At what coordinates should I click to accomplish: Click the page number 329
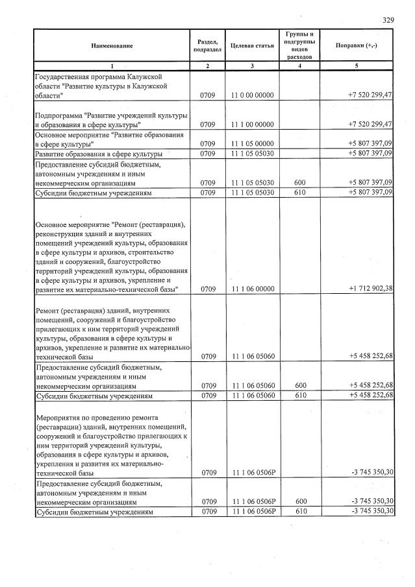388,20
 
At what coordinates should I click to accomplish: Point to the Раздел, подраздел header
207,45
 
